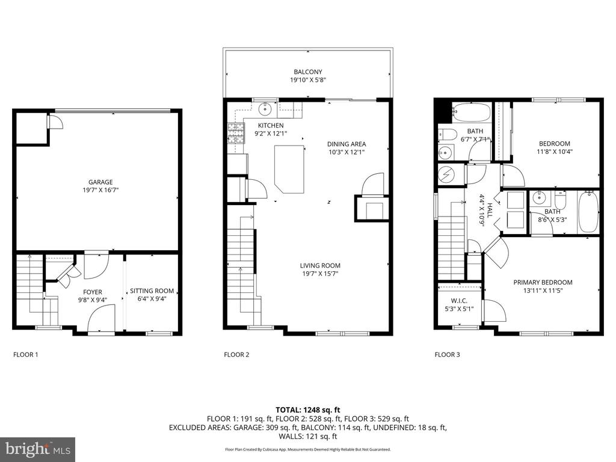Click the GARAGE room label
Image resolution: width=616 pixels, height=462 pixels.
[100, 182]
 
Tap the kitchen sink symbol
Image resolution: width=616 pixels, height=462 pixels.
[266, 108]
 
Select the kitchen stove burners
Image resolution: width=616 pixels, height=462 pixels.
[236, 133]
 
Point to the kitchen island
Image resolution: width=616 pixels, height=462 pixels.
[289, 169]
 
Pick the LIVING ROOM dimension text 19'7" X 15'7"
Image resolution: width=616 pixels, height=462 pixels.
[320, 274]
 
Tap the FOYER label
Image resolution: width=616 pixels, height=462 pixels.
[92, 292]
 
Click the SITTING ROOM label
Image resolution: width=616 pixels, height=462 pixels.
[152, 291]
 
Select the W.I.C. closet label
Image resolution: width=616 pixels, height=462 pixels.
[459, 301]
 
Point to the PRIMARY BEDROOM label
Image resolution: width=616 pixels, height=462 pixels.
[543, 282]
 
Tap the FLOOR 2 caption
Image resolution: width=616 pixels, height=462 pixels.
[236, 354]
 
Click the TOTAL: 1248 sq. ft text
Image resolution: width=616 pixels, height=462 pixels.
[308, 410]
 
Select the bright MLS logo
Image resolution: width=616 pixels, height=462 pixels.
[38, 449]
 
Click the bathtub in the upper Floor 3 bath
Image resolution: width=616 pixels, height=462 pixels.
[472, 112]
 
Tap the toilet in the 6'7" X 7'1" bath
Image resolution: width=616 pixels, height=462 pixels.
[446, 134]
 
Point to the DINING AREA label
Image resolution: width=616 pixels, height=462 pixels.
[346, 144]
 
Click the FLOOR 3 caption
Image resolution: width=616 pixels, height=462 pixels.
[447, 354]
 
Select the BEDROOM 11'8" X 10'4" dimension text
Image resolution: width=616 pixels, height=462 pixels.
[555, 152]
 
